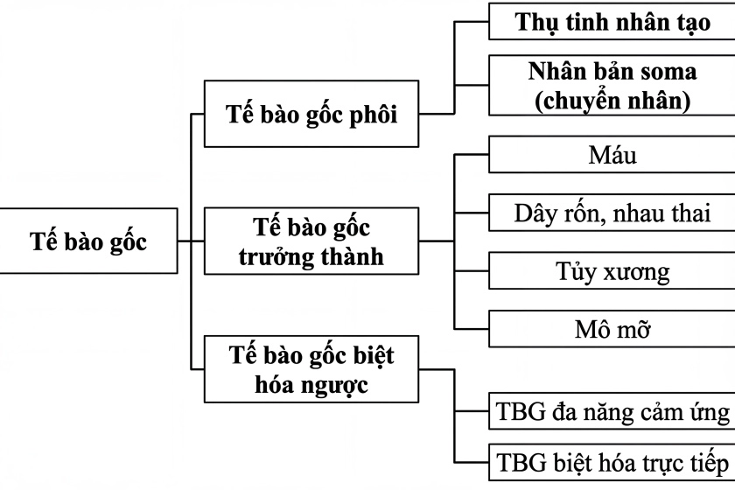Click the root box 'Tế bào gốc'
(88, 241)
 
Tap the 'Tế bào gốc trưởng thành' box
(311, 242)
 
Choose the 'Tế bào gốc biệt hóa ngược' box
(311, 370)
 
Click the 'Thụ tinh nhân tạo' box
(612, 23)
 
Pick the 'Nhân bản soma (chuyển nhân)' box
(612, 85)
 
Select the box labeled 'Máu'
(612, 156)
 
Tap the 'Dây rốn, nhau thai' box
(612, 213)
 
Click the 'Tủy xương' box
(612, 271)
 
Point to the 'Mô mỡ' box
(612, 329)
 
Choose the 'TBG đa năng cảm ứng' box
(612, 411)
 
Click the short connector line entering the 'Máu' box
(472, 156)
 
